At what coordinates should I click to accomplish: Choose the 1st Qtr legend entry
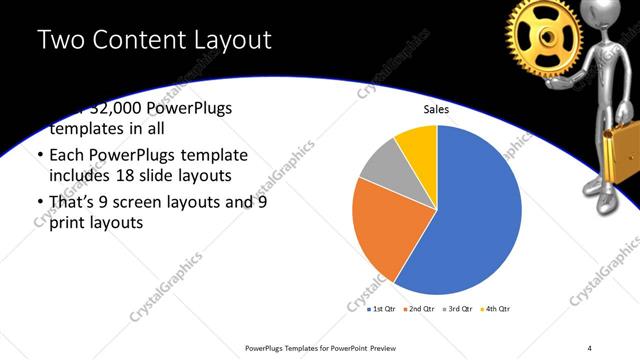coord(384,310)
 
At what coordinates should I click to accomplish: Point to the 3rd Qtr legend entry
coord(460,310)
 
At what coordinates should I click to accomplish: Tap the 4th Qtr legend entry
coord(497,310)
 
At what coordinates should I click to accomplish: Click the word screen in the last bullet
coord(160,202)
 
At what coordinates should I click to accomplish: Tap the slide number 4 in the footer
coord(589,347)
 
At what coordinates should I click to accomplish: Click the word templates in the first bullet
coord(84,130)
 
